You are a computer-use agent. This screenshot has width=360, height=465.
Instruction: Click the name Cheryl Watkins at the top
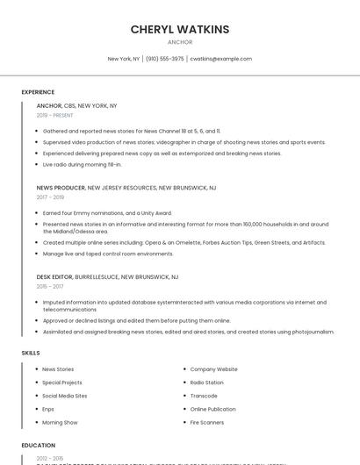180,29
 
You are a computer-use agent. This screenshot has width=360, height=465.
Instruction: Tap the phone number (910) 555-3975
165,59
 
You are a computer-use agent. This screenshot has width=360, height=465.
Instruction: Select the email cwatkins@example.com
220,59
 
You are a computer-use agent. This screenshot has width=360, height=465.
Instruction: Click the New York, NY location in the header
124,59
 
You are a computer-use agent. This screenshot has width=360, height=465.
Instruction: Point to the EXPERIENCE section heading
38,92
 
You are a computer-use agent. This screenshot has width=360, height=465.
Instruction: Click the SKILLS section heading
31,353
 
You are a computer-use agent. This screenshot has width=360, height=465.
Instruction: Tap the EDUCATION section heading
39,446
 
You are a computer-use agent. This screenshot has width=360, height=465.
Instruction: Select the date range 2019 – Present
54,115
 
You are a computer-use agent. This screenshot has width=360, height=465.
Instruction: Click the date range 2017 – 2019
50,197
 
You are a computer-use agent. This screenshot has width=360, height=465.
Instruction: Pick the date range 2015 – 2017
50,286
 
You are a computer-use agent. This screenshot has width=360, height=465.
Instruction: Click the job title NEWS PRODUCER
61,188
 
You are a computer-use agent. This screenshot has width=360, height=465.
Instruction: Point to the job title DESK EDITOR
54,276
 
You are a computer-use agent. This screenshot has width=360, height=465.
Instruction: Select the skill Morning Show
60,422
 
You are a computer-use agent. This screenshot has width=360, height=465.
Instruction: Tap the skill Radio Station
207,383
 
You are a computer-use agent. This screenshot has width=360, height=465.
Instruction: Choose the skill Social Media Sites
65,396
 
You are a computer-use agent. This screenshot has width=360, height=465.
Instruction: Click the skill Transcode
204,396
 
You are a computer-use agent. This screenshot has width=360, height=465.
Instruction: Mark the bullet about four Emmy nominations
107,212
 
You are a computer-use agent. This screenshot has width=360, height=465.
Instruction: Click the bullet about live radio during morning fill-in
82,164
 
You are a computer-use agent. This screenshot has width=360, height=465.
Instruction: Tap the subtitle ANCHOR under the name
180,42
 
